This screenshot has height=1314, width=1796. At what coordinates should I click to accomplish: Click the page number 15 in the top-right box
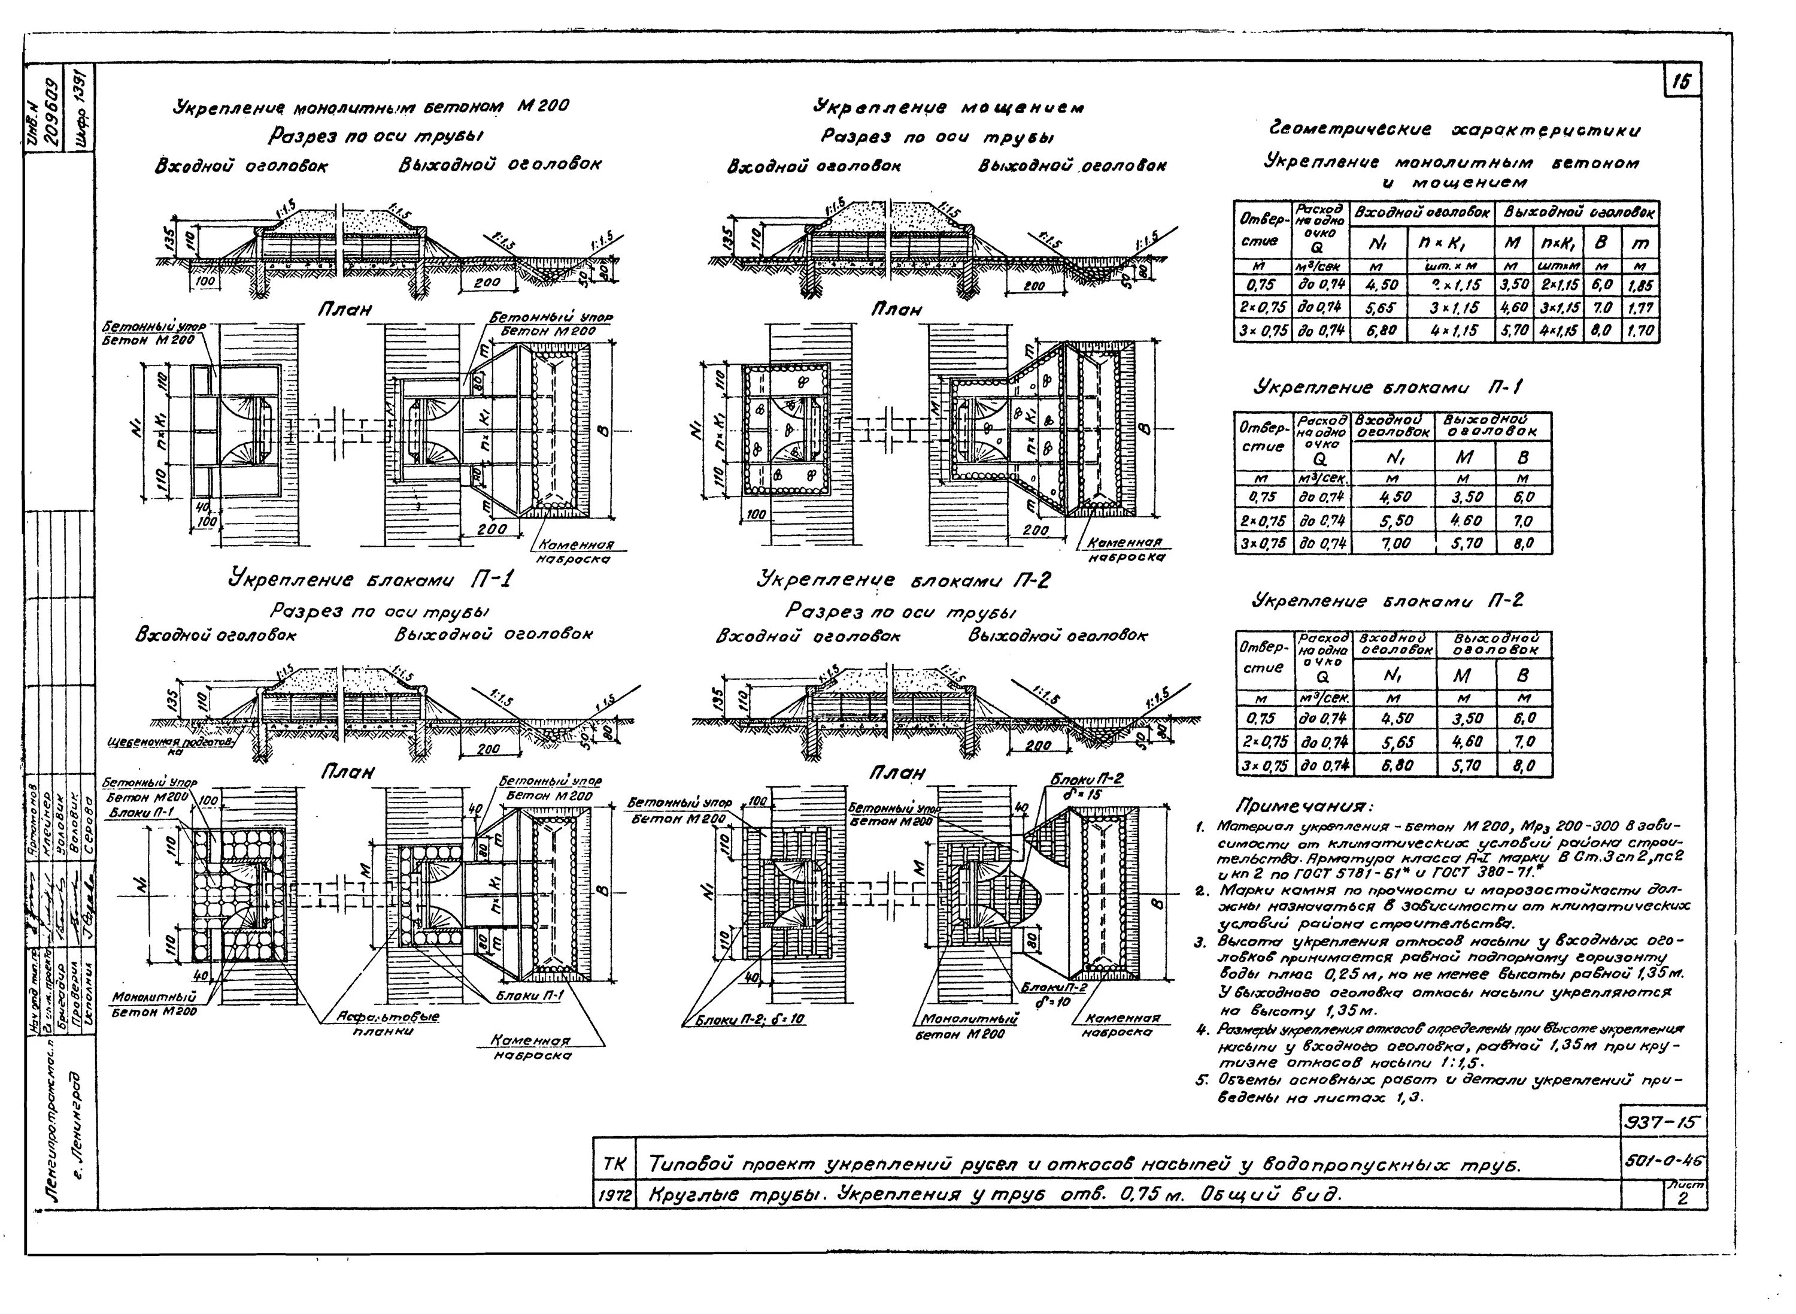1680,81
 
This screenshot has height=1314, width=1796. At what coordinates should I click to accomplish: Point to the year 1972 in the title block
614,1195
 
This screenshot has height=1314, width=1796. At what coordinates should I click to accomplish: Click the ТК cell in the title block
614,1165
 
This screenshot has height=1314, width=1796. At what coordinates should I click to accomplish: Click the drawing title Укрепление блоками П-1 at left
371,580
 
